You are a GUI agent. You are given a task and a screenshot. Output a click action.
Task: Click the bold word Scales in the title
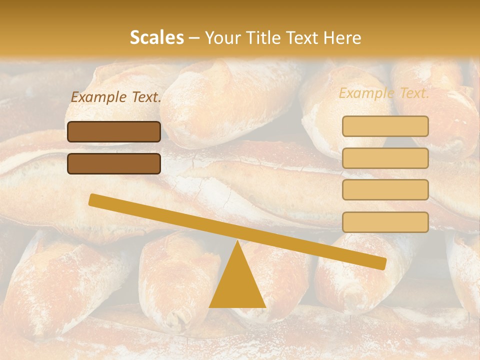click(157, 37)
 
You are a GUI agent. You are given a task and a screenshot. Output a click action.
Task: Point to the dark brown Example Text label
click(116, 97)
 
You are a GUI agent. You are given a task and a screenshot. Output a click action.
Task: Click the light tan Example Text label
click(384, 93)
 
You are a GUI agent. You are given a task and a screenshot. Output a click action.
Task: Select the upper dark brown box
click(114, 131)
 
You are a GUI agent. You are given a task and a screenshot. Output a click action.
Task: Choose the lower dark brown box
click(114, 163)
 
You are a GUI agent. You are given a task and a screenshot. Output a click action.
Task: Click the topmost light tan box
click(385, 126)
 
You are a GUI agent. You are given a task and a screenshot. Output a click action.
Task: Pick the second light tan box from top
click(385, 158)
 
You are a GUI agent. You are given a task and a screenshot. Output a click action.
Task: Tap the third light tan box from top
click(385, 190)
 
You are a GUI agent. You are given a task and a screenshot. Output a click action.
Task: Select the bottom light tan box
click(385, 222)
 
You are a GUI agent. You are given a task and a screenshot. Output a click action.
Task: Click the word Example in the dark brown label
click(98, 97)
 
